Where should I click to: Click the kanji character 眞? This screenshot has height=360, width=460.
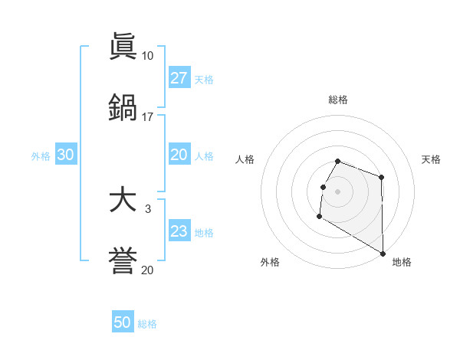point(123,47)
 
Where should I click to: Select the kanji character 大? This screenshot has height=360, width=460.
point(123,200)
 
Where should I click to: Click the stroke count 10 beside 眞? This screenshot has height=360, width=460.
point(147,56)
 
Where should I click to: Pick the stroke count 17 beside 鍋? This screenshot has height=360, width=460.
point(147,116)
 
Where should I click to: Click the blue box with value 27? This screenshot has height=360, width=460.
point(179,78)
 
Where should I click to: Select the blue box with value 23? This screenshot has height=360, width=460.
point(179,231)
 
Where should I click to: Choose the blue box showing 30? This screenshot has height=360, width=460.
point(66,155)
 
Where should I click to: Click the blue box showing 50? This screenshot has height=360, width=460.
point(123,322)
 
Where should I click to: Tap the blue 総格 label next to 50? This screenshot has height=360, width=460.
point(147,324)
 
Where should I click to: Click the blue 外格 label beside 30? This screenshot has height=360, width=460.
point(41,156)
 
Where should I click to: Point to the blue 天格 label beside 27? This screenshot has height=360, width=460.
point(204,80)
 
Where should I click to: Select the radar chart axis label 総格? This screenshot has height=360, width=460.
point(338,100)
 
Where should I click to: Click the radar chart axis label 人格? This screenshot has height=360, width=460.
point(245,159)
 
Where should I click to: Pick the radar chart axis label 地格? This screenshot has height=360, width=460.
point(402,262)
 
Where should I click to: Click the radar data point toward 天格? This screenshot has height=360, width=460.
point(381,178)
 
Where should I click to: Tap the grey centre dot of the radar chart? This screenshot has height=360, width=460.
point(338,191)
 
